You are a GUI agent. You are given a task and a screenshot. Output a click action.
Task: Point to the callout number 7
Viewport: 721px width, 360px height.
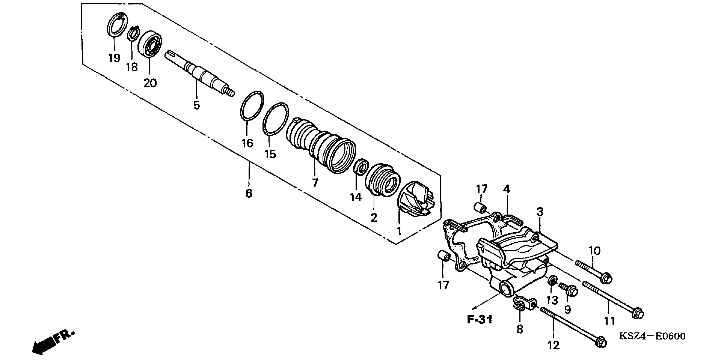[315, 183]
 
